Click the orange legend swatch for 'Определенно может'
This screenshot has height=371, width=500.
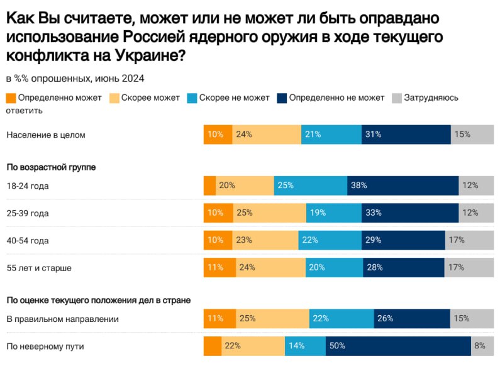(x=11, y=98)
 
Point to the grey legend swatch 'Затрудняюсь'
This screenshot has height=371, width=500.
(x=397, y=98)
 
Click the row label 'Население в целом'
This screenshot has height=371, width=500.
(x=45, y=135)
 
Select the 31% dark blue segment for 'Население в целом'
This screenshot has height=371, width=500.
(x=406, y=135)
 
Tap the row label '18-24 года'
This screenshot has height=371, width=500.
(x=28, y=186)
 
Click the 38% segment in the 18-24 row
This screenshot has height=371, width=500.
(x=403, y=186)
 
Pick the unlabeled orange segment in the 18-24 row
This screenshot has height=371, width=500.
(x=210, y=186)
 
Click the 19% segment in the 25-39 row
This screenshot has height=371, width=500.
(x=333, y=213)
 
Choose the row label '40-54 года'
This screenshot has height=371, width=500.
(x=28, y=240)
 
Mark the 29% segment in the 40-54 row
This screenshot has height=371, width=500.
(x=403, y=240)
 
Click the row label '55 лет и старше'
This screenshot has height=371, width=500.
(x=39, y=268)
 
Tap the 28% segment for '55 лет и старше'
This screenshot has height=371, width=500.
(x=404, y=268)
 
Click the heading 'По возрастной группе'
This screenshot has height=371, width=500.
(x=51, y=167)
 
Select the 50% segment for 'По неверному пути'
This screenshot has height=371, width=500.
(x=398, y=346)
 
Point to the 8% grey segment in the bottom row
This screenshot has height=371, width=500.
(x=482, y=346)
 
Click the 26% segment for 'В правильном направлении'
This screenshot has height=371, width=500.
(x=412, y=319)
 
